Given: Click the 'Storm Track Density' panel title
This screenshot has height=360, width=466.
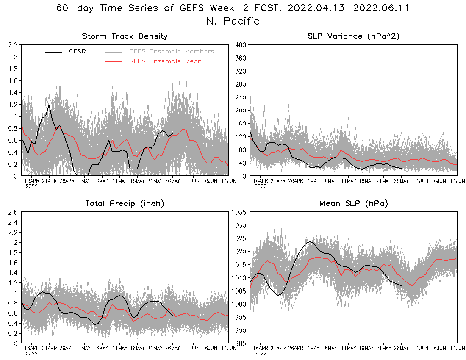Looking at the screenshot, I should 125,36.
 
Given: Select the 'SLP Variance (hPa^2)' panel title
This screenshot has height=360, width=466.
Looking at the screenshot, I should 353,36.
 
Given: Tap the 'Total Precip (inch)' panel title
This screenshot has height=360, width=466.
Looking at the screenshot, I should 125,204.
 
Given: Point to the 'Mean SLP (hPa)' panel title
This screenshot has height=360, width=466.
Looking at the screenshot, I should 353,204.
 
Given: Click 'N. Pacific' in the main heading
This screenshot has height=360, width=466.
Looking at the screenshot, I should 233,21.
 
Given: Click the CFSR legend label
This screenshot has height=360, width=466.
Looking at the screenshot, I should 78,52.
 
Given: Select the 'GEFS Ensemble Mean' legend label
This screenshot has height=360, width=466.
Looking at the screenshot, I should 165,61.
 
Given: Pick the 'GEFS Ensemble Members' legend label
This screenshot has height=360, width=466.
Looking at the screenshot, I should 172,52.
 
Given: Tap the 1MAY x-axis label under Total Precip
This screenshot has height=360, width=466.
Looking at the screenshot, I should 85,348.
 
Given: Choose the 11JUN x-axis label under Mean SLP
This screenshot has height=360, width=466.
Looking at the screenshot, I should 457,348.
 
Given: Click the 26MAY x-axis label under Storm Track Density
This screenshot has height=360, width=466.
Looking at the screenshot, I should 172,181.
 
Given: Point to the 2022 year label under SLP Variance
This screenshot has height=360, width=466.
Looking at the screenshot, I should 260,186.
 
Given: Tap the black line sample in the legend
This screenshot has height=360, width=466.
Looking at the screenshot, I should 54,52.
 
